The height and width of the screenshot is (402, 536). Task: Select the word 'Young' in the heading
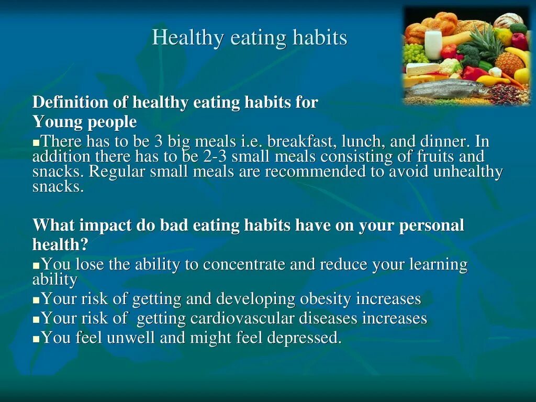(51, 122)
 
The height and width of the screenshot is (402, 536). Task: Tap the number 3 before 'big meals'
(159, 142)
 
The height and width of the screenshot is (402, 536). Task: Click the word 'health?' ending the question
(60, 244)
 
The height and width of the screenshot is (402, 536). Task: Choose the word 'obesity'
(325, 299)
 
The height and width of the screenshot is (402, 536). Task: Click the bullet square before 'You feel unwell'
(36, 339)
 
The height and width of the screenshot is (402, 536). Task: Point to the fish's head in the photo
(479, 90)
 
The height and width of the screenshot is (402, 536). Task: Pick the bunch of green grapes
(415, 53)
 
